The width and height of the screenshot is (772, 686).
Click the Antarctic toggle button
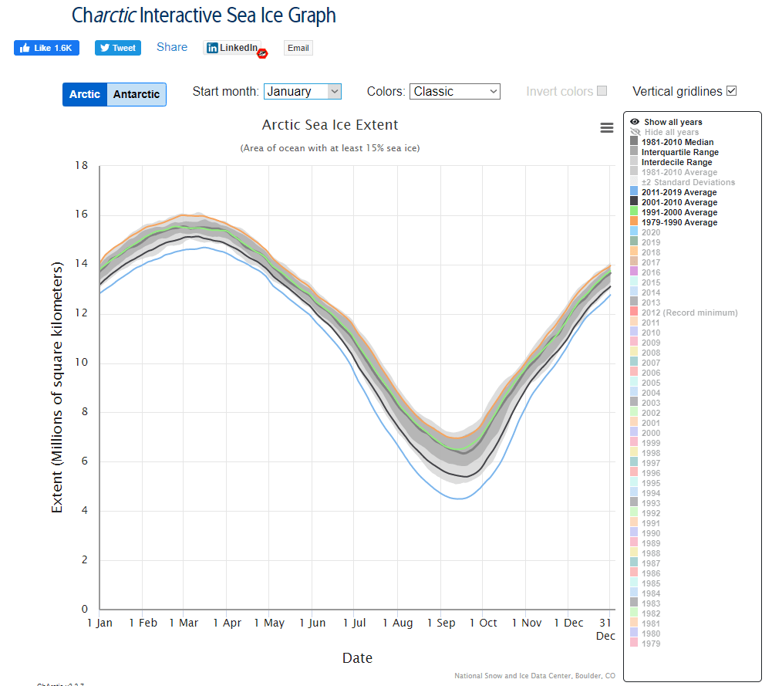click(x=137, y=95)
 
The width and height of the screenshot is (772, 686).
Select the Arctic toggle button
click(x=85, y=95)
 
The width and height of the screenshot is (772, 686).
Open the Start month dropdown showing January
click(x=302, y=92)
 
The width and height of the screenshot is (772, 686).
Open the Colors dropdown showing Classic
click(x=454, y=92)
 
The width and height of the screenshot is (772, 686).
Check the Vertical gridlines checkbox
click(x=732, y=91)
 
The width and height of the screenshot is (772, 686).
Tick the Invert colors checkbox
click(x=602, y=91)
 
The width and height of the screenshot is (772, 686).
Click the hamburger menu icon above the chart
click(x=607, y=128)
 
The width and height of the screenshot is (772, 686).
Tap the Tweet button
click(x=118, y=48)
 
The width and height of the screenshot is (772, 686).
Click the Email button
click(x=298, y=48)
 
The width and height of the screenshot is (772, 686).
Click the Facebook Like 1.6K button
click(x=46, y=48)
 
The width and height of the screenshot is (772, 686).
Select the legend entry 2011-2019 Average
click(x=679, y=192)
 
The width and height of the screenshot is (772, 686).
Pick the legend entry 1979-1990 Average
click(x=679, y=222)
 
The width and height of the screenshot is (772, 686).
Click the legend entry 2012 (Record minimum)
click(x=689, y=313)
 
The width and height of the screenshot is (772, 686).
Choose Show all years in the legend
click(x=673, y=122)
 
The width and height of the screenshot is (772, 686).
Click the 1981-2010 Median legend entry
click(x=677, y=142)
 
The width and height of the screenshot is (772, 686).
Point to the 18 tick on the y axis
click(x=82, y=166)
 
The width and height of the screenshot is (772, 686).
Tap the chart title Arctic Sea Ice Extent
click(x=330, y=125)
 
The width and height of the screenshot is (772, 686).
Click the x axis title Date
click(x=357, y=658)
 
